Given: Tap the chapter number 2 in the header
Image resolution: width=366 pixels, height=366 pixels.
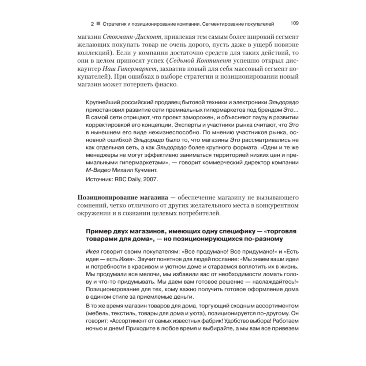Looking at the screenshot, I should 92,24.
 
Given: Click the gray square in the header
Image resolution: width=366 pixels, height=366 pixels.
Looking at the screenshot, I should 98,24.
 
